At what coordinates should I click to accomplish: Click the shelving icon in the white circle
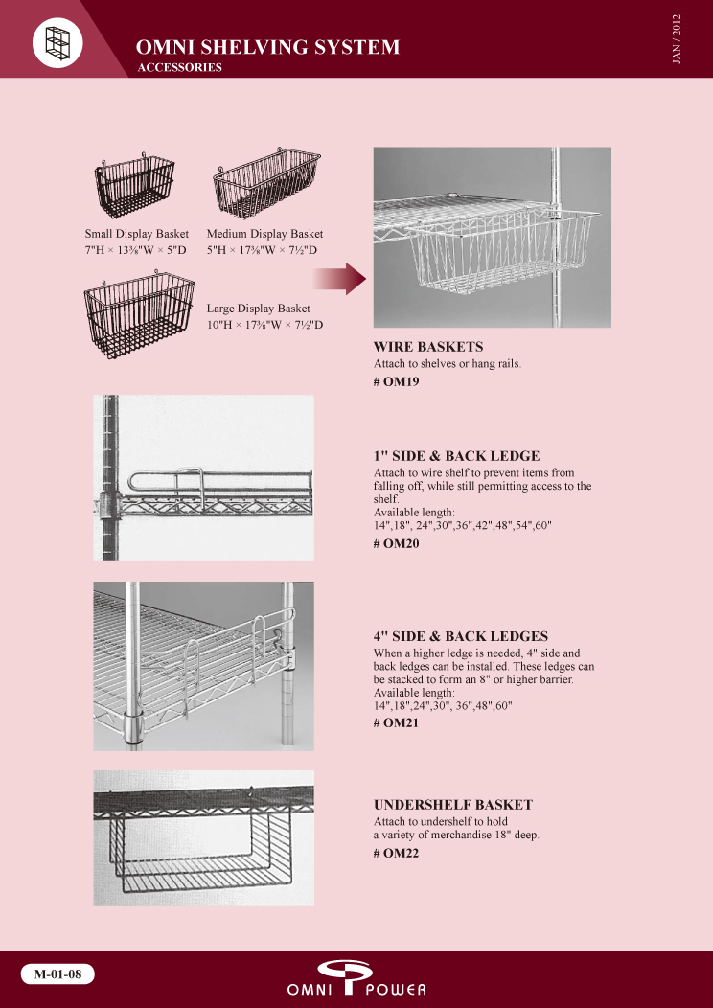tap(57, 42)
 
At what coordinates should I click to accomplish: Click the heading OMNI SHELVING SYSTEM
tap(268, 47)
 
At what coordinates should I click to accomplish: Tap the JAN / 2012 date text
tap(676, 38)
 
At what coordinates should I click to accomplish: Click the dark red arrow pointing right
tap(339, 279)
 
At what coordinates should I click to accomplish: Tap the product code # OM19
tap(396, 382)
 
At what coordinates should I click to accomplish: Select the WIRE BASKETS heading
tap(428, 347)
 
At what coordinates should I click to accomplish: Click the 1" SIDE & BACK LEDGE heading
tap(456, 456)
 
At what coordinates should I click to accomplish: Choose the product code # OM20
tap(396, 544)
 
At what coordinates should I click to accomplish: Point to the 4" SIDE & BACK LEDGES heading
tap(460, 636)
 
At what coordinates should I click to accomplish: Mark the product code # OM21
tap(396, 723)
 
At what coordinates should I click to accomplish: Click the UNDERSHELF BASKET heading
tap(453, 805)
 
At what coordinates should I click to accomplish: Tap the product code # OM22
tap(396, 854)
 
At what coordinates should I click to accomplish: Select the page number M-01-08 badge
tap(58, 974)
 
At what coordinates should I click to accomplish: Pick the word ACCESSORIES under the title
tap(179, 67)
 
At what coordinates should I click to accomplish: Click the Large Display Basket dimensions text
tap(264, 325)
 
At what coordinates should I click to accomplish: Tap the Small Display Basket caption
tap(137, 234)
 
